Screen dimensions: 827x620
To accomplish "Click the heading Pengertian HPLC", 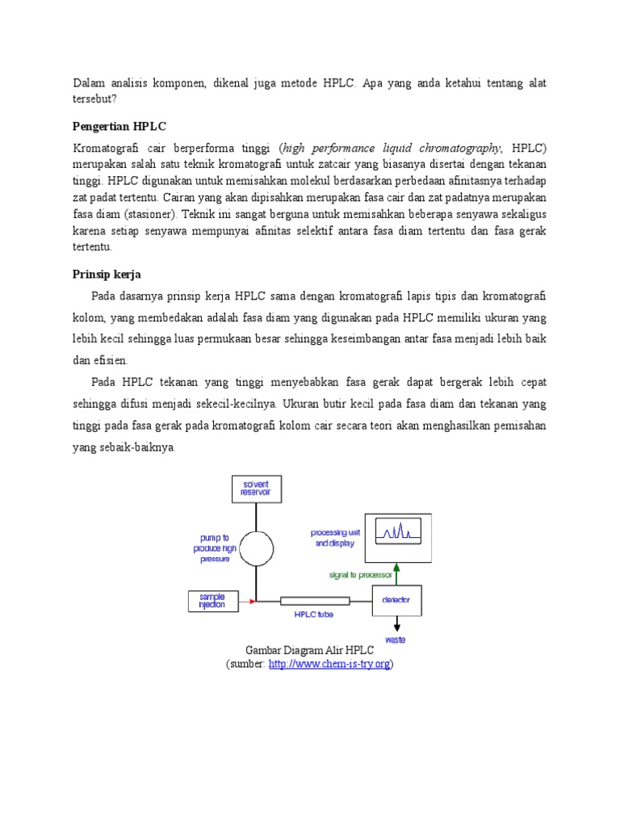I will pyautogui.click(x=119, y=127).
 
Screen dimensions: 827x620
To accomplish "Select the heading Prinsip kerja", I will pyautogui.click(x=107, y=275).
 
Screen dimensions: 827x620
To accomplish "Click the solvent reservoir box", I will pyautogui.click(x=256, y=489).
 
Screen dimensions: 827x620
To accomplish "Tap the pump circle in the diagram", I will pyautogui.click(x=256, y=548).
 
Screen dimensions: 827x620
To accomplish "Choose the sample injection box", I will pyautogui.click(x=212, y=601).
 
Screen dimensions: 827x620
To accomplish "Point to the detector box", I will pyautogui.click(x=396, y=601).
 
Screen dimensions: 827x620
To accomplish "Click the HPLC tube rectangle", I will pyautogui.click(x=315, y=601).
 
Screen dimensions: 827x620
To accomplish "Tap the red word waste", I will pyautogui.click(x=396, y=640).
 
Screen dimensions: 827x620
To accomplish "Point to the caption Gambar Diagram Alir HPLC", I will pyautogui.click(x=309, y=650).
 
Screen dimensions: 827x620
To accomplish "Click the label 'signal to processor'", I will pyautogui.click(x=360, y=575).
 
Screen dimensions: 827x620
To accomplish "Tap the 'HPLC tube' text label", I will pyautogui.click(x=313, y=615).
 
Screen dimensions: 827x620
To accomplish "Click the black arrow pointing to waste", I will pyautogui.click(x=396, y=624).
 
